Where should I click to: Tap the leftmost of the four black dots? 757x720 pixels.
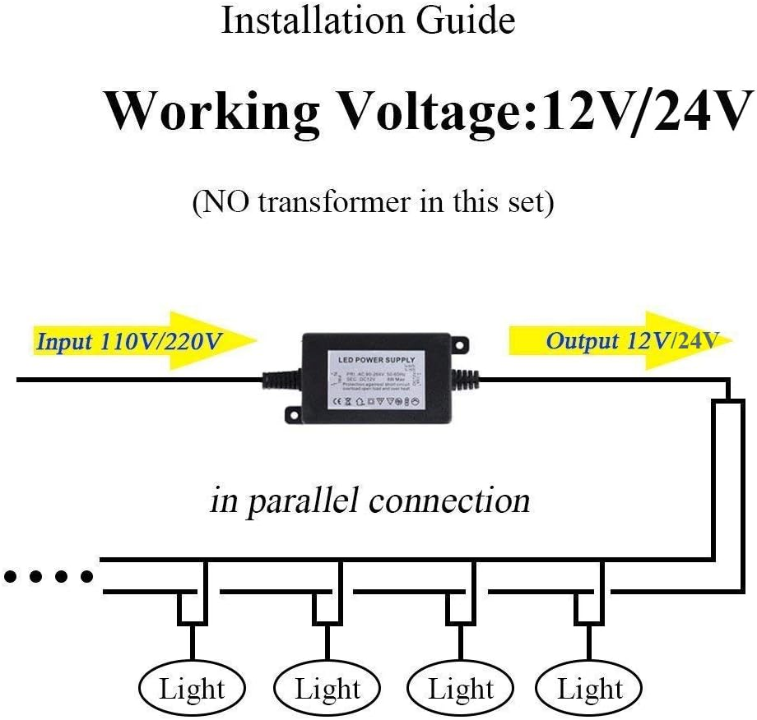[x=12, y=577]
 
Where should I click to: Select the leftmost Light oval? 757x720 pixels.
[x=193, y=689]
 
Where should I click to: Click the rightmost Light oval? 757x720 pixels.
[x=589, y=689]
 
